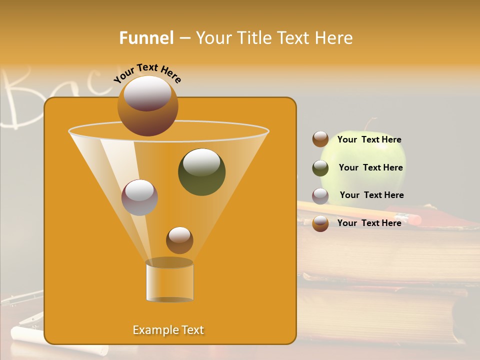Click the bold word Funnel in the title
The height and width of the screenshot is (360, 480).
click(146, 37)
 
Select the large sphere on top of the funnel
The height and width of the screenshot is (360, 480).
click(147, 105)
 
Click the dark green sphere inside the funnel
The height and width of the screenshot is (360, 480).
click(201, 171)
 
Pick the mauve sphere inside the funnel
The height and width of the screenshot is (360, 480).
click(139, 197)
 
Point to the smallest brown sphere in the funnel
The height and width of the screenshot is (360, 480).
click(179, 240)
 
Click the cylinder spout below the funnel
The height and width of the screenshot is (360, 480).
click(170, 281)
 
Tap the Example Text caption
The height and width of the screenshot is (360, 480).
click(168, 330)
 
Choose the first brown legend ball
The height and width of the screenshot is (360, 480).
click(320, 139)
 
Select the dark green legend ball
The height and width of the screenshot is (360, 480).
click(320, 168)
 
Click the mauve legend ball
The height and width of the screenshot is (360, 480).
click(320, 196)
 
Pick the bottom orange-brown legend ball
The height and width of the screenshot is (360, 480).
click(320, 223)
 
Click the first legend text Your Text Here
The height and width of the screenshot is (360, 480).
click(369, 139)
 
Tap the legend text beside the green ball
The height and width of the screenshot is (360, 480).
click(370, 167)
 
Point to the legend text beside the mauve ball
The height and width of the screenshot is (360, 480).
click(371, 195)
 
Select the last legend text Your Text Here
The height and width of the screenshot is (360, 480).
click(369, 223)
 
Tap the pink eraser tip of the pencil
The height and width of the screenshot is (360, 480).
click(414, 219)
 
